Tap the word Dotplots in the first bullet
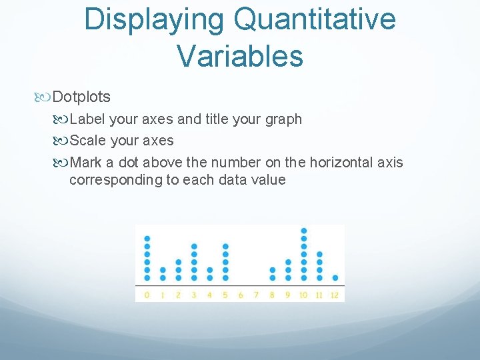click(81, 97)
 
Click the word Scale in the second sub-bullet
click(87, 141)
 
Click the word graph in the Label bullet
click(284, 119)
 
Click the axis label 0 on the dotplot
click(147, 294)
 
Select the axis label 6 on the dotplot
click(241, 294)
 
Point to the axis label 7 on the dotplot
click(256, 294)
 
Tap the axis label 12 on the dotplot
click(335, 294)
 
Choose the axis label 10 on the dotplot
click(303, 294)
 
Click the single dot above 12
click(335, 277)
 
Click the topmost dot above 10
click(304, 231)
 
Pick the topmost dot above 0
click(147, 238)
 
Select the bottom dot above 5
click(225, 277)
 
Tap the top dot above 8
click(272, 270)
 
